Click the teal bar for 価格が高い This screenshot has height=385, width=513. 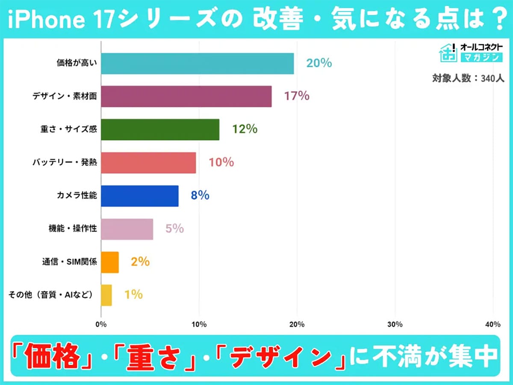(197, 63)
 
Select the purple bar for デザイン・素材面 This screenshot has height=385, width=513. (186, 96)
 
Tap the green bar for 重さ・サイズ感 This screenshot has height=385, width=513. (160, 129)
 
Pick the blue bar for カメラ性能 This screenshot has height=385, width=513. (139, 195)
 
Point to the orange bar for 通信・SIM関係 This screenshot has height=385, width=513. (109, 262)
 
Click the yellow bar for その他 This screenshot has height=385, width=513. (106, 295)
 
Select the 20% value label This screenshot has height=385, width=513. (319, 63)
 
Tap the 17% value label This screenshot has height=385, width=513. (296, 96)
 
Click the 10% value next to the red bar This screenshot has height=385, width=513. (221, 163)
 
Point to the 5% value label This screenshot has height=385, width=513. (174, 229)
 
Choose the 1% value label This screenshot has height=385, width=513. (133, 295)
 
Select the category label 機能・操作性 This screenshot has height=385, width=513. (73, 229)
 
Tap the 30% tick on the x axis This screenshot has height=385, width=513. (395, 324)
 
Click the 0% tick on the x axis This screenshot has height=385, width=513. (101, 324)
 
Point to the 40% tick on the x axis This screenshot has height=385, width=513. (493, 324)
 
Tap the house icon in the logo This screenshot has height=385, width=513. (448, 52)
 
